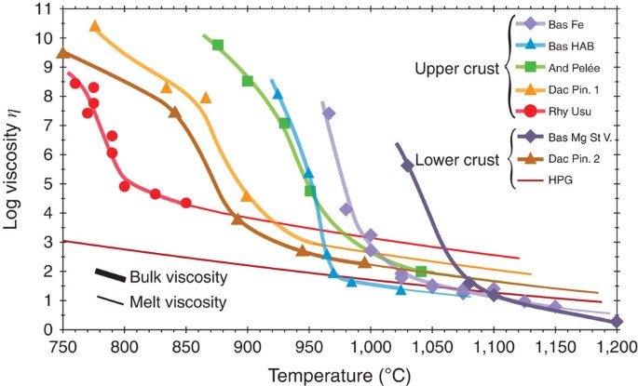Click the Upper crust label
(x=455, y=67)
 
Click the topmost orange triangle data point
(x=95, y=26)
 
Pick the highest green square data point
(x=218, y=45)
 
